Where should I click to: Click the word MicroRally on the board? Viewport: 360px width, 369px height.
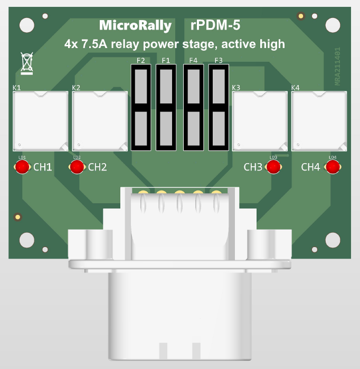(x=135, y=26)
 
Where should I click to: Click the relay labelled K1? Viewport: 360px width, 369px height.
(x=41, y=121)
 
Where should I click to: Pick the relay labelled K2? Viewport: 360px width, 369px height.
(x=100, y=121)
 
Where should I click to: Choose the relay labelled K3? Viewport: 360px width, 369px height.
(x=260, y=121)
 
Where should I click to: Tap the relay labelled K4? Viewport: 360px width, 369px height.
(x=319, y=121)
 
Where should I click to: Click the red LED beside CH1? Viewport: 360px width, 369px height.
(x=22, y=167)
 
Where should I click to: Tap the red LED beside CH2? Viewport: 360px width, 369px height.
(x=77, y=167)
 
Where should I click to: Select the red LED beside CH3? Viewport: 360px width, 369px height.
(x=273, y=167)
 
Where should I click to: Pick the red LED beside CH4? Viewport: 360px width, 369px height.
(x=332, y=167)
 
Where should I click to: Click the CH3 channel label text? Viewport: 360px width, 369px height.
(x=253, y=167)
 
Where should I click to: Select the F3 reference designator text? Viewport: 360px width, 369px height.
(x=219, y=61)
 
